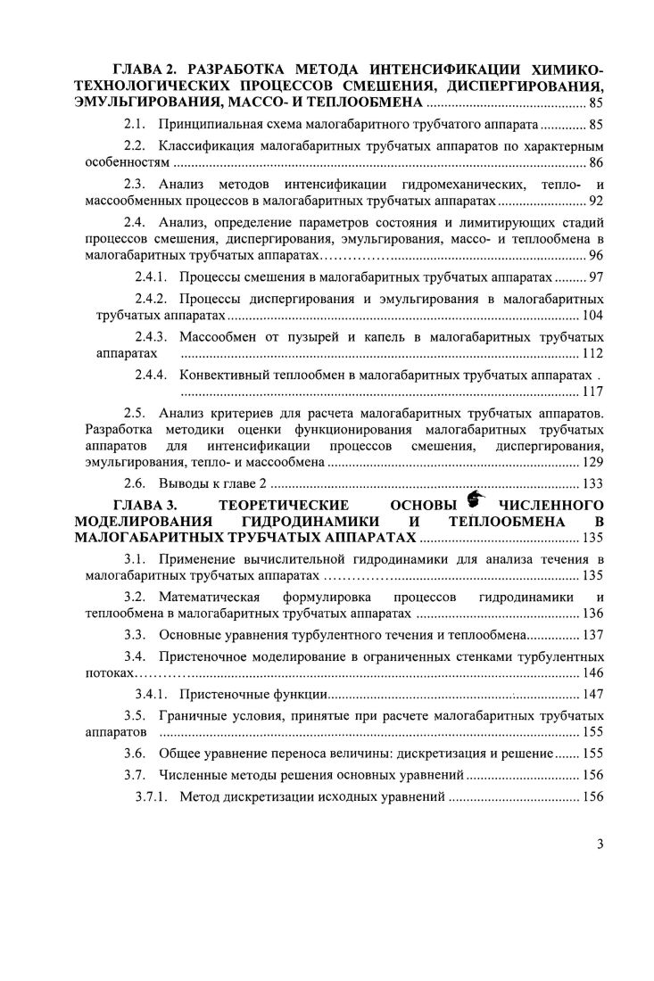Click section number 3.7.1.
[151, 796]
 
